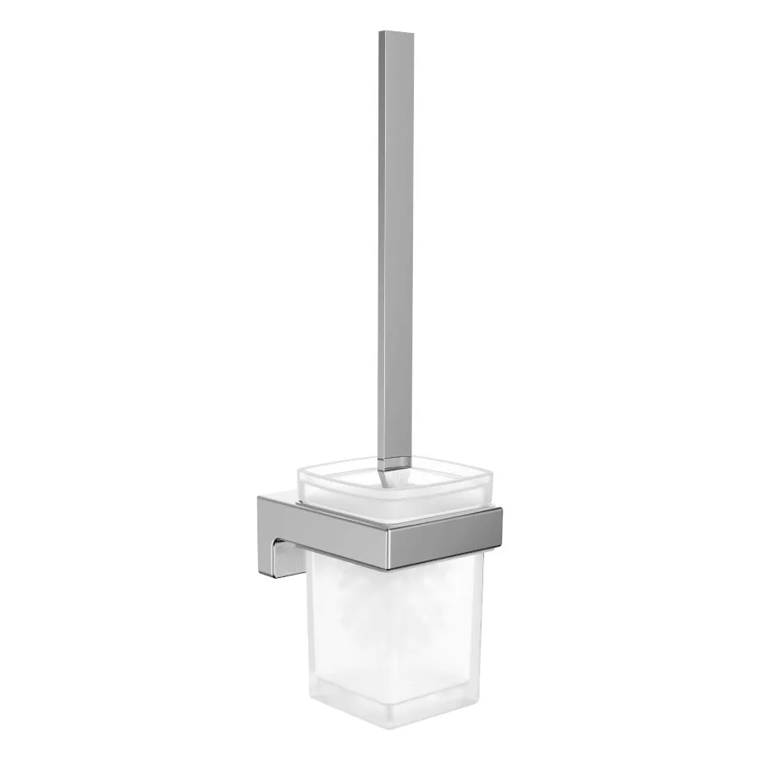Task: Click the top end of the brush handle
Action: pos(396,36)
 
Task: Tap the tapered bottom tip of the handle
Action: pos(395,471)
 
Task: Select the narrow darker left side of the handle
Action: pos(383,254)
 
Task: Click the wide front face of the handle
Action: pos(398,254)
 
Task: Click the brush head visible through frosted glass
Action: pos(381,609)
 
